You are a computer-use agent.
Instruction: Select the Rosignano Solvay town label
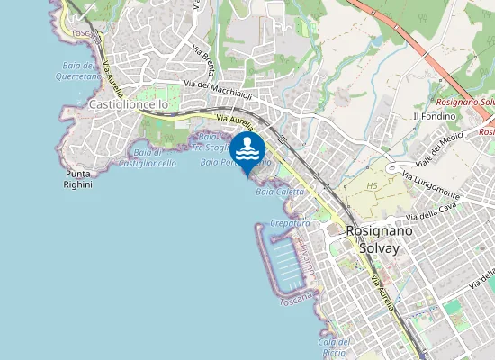click(379, 238)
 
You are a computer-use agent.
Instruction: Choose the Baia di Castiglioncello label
click(147, 157)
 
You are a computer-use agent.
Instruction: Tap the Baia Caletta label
click(279, 192)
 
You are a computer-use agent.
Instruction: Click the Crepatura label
click(290, 222)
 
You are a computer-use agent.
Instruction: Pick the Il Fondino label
click(429, 117)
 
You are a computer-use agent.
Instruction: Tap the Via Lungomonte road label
click(431, 184)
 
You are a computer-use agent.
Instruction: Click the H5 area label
click(372, 185)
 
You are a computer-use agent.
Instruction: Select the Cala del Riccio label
click(332, 346)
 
